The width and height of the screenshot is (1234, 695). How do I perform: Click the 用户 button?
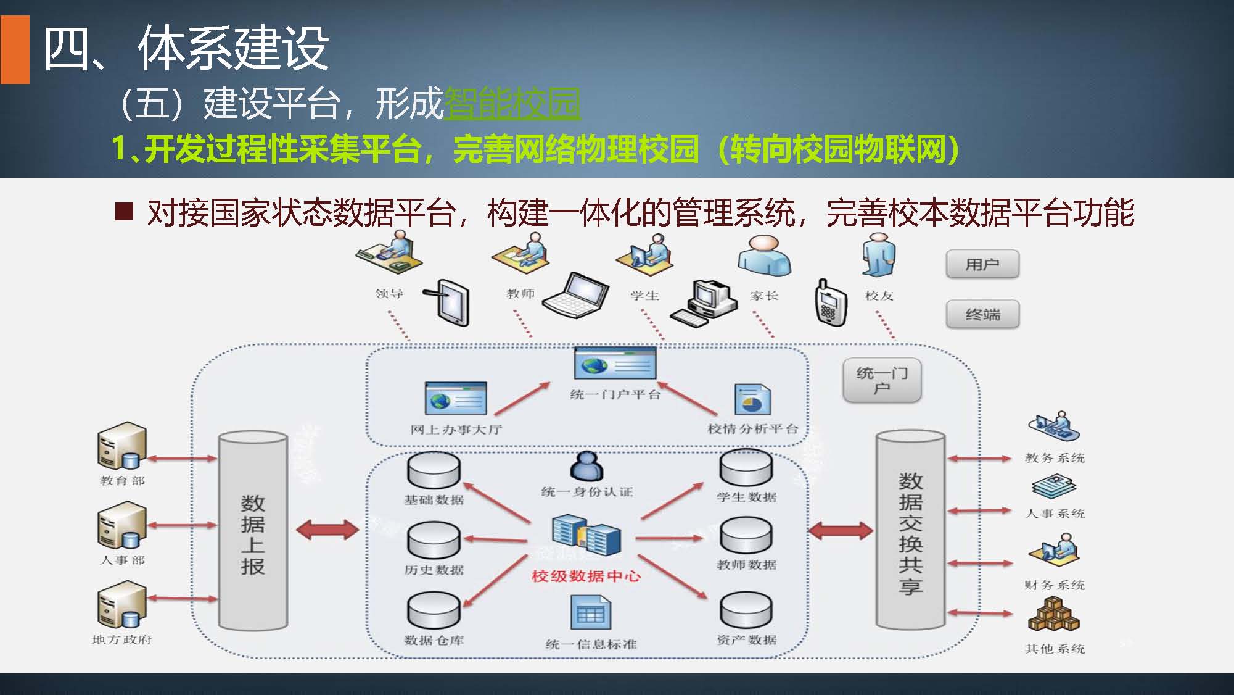point(982,264)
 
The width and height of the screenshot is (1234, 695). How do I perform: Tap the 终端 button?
point(982,315)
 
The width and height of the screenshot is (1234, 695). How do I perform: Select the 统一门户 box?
point(882,380)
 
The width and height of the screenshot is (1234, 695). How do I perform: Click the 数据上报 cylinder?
point(253,531)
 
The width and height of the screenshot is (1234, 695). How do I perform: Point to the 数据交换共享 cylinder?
point(910,531)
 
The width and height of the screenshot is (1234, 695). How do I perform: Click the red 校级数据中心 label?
point(586,576)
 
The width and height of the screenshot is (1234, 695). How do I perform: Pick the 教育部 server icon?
point(122,446)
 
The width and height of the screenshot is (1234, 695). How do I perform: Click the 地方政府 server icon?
point(122,605)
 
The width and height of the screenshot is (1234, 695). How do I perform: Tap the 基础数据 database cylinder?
point(434,470)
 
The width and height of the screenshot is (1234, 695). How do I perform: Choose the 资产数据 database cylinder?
point(746,611)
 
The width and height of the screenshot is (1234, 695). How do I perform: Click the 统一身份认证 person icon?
point(586,466)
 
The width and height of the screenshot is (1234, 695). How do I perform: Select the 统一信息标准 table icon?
point(590,613)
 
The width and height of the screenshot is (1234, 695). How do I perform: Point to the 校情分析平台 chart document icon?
point(752,400)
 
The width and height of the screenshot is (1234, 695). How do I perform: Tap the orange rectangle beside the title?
point(15,49)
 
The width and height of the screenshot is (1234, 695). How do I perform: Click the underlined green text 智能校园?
point(512,103)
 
